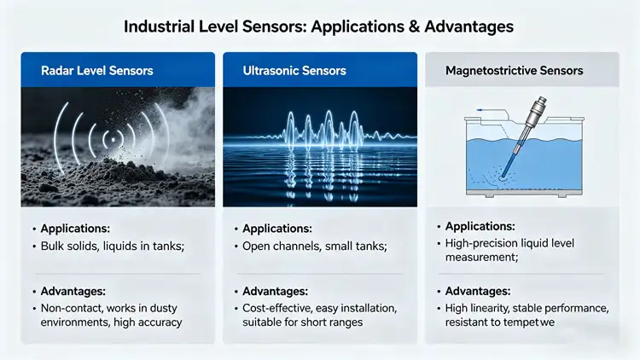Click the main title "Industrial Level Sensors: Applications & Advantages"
pyautogui.click(x=319, y=26)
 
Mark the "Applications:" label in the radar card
pyautogui.click(x=74, y=229)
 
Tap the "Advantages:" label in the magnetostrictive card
pyautogui.click(x=478, y=291)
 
